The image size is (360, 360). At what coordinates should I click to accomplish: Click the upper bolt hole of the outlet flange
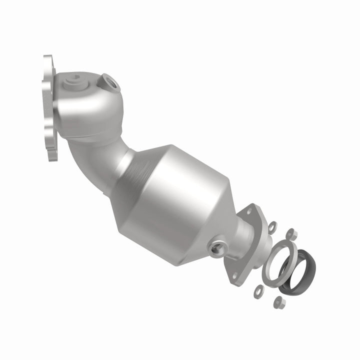[248, 212]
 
